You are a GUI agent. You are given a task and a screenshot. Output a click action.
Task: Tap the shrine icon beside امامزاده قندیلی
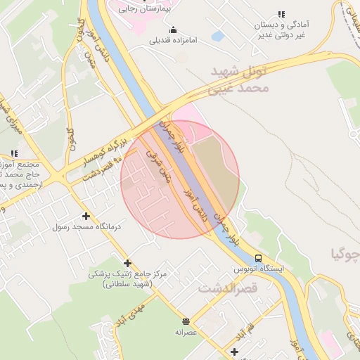click(173, 30)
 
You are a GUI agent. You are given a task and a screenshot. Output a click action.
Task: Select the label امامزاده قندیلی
click(174, 41)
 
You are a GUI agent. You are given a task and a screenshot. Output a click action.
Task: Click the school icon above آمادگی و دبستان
click(282, 14)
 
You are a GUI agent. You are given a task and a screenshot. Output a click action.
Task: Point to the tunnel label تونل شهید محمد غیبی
click(239, 80)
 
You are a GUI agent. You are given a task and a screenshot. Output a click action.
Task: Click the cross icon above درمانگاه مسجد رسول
click(86, 216)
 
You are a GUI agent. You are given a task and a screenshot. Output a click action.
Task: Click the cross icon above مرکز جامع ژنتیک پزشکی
click(127, 262)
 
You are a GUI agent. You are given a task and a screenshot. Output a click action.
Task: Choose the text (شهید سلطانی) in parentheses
click(127, 284)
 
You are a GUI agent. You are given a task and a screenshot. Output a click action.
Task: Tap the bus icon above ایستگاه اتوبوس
click(258, 258)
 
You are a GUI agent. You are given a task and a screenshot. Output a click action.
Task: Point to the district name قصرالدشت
click(229, 288)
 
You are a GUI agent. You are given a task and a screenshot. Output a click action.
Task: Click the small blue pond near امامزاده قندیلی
click(217, 36)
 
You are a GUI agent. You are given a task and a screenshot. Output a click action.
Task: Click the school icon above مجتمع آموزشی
click(14, 153)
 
